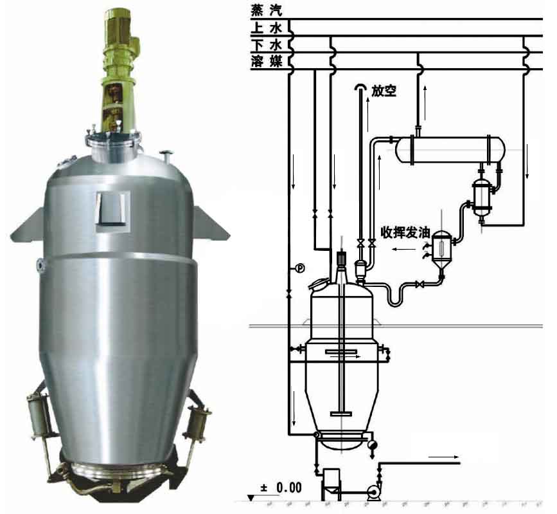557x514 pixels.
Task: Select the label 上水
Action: (x=266, y=28)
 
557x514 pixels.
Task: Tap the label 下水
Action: (x=266, y=45)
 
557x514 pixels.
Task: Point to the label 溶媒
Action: (x=266, y=61)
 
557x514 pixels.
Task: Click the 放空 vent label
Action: (x=384, y=91)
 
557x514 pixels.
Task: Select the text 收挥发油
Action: (x=405, y=233)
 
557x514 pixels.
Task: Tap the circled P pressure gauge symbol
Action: (x=300, y=268)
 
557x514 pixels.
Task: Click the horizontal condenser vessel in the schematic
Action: (x=450, y=150)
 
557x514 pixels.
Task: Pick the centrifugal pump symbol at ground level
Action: (x=374, y=493)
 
